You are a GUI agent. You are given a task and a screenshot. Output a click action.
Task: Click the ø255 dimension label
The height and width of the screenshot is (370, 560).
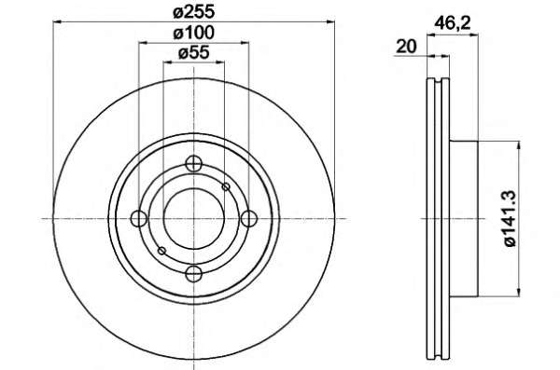click(194, 12)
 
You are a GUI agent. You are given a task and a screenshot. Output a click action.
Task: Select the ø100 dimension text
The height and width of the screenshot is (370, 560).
click(194, 34)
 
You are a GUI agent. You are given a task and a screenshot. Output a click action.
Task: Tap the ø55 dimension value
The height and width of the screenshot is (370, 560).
click(193, 53)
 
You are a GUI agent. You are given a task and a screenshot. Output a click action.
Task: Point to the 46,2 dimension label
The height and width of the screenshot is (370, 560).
click(453, 24)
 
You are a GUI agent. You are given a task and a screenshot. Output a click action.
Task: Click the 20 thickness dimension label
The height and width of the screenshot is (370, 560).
click(407, 47)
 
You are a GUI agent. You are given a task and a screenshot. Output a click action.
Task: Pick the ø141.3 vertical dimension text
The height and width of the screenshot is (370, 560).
click(511, 218)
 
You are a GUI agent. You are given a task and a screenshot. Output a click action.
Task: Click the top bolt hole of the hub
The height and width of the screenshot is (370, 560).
click(194, 164)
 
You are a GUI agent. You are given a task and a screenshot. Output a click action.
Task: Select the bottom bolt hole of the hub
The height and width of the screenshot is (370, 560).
click(194, 274)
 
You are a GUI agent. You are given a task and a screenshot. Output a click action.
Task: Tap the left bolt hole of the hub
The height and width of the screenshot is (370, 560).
click(139, 219)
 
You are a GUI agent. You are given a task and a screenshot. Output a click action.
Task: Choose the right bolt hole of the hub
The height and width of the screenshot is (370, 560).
click(249, 219)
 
